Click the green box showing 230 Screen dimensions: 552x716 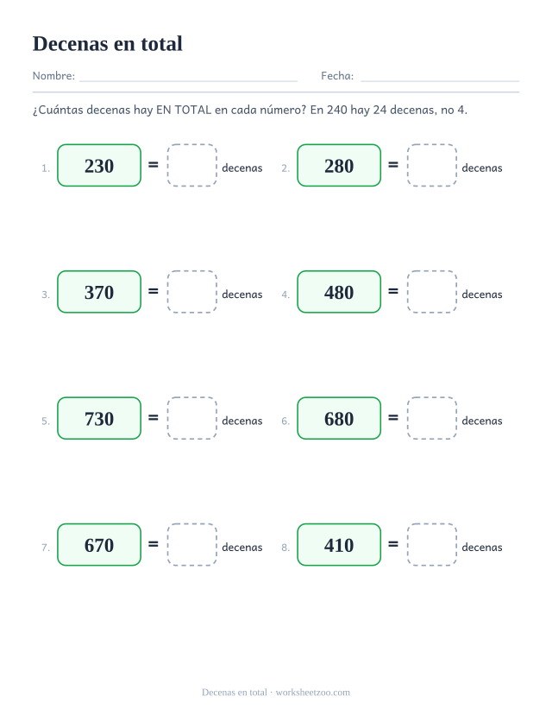click(x=99, y=165)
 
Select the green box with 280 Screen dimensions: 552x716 click(x=339, y=165)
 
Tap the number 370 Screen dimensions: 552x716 click(x=99, y=292)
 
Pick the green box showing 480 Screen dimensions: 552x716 click(x=339, y=292)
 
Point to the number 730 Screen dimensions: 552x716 click(x=99, y=419)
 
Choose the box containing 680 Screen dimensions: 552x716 click(x=339, y=418)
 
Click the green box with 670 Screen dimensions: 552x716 click(x=99, y=545)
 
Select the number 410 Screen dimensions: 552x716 click(x=339, y=545)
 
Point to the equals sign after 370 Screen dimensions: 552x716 click(x=154, y=291)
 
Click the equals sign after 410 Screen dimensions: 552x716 click(x=393, y=544)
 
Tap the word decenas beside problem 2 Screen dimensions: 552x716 click(x=482, y=168)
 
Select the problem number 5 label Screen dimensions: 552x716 click(x=45, y=421)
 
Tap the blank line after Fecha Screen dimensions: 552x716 click(x=440, y=81)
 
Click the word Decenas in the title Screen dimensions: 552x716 click(x=70, y=44)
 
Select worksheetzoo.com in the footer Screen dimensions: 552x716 click(x=313, y=693)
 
